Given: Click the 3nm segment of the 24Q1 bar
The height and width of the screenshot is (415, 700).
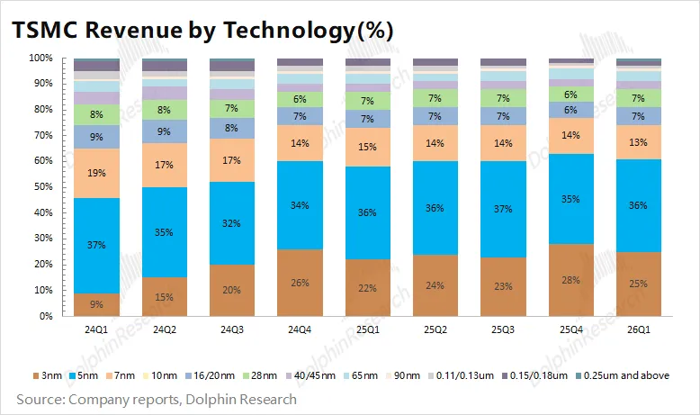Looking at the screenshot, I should (97, 305).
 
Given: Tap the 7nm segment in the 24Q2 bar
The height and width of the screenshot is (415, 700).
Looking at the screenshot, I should (165, 166).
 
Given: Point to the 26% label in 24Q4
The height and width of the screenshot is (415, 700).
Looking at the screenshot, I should (300, 284).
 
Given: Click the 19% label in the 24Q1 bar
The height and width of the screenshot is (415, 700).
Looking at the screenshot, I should (97, 173).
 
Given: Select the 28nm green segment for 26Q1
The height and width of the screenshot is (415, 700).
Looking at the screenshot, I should (639, 98).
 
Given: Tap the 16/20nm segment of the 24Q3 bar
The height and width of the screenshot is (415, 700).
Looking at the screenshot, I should (232, 128).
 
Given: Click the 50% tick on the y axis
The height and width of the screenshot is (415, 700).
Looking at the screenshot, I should (41, 186).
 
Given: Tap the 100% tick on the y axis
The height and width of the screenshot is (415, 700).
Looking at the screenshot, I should (40, 58).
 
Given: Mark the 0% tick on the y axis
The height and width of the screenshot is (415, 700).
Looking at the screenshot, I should (44, 317).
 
